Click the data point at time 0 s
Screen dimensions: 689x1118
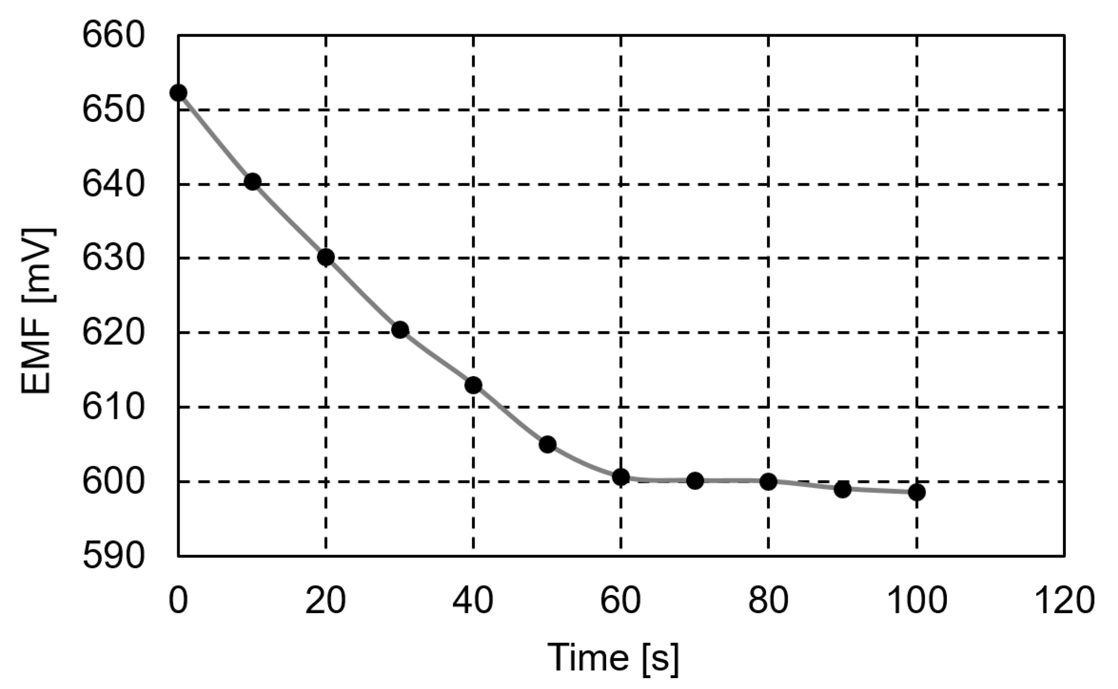coord(178,92)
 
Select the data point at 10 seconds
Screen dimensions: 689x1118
coord(252,181)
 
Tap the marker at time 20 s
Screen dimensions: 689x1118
coord(326,257)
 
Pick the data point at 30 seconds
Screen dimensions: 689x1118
coord(400,329)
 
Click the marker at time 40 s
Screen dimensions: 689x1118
coord(473,385)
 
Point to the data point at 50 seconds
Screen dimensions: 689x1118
coord(547,444)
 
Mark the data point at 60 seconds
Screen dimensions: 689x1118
coord(621,477)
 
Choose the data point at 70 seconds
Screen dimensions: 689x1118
coord(695,481)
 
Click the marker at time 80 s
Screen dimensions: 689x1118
coord(768,481)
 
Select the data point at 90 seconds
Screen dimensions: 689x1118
coord(842,489)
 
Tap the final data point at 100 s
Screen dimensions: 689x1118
coord(916,492)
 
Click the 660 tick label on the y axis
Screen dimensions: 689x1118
coord(113,36)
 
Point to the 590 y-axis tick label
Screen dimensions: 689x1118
coord(113,556)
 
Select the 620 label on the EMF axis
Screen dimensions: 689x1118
coord(113,333)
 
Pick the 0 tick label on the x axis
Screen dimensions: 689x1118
coord(178,601)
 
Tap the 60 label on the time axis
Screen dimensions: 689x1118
coord(621,601)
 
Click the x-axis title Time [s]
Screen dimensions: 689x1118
coord(613,658)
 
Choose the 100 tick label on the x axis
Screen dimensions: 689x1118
coord(916,601)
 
